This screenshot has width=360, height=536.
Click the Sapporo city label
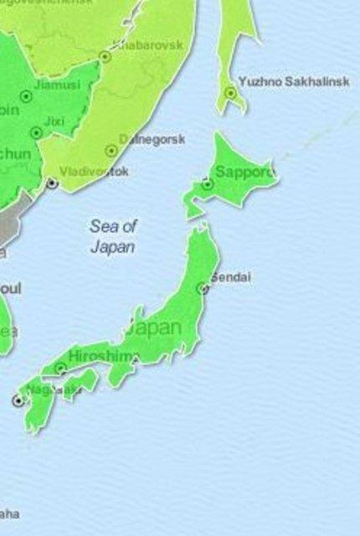point(245,173)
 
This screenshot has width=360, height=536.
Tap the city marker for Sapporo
point(207,184)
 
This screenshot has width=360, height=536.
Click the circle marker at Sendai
point(202,288)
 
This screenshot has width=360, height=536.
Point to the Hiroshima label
point(101,356)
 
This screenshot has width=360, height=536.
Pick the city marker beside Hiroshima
point(60,368)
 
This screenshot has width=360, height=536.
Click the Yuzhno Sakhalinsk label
point(291,81)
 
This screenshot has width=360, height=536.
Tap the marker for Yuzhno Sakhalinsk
point(229,94)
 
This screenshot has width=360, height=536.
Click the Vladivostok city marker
point(52,183)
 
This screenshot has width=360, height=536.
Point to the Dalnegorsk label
point(152,139)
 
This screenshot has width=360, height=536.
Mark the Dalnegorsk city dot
point(111,151)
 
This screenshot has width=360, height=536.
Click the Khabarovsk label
point(152,45)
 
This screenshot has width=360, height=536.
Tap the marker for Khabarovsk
point(105,57)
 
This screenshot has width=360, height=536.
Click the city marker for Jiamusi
point(25,96)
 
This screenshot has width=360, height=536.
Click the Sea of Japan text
point(113,236)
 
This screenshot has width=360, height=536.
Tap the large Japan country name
point(154,327)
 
